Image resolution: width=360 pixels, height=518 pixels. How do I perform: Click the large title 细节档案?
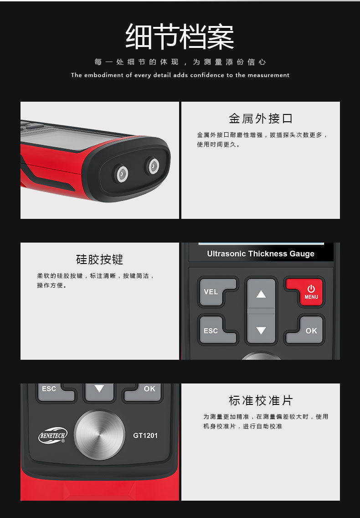coord(180,36)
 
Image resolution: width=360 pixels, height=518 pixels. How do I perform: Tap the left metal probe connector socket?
coord(122,174)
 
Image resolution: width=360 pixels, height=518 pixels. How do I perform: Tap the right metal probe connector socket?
coord(153,166)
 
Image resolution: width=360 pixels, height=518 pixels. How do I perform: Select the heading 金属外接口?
coord(260,119)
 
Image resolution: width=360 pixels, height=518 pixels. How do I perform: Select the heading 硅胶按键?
coord(99,259)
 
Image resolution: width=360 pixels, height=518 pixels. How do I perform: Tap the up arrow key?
coord(261,294)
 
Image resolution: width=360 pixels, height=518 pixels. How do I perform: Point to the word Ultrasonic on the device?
coord(226,254)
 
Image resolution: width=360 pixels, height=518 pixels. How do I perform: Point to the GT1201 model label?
coord(145,435)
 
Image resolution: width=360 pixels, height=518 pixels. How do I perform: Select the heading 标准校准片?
coord(260,401)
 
